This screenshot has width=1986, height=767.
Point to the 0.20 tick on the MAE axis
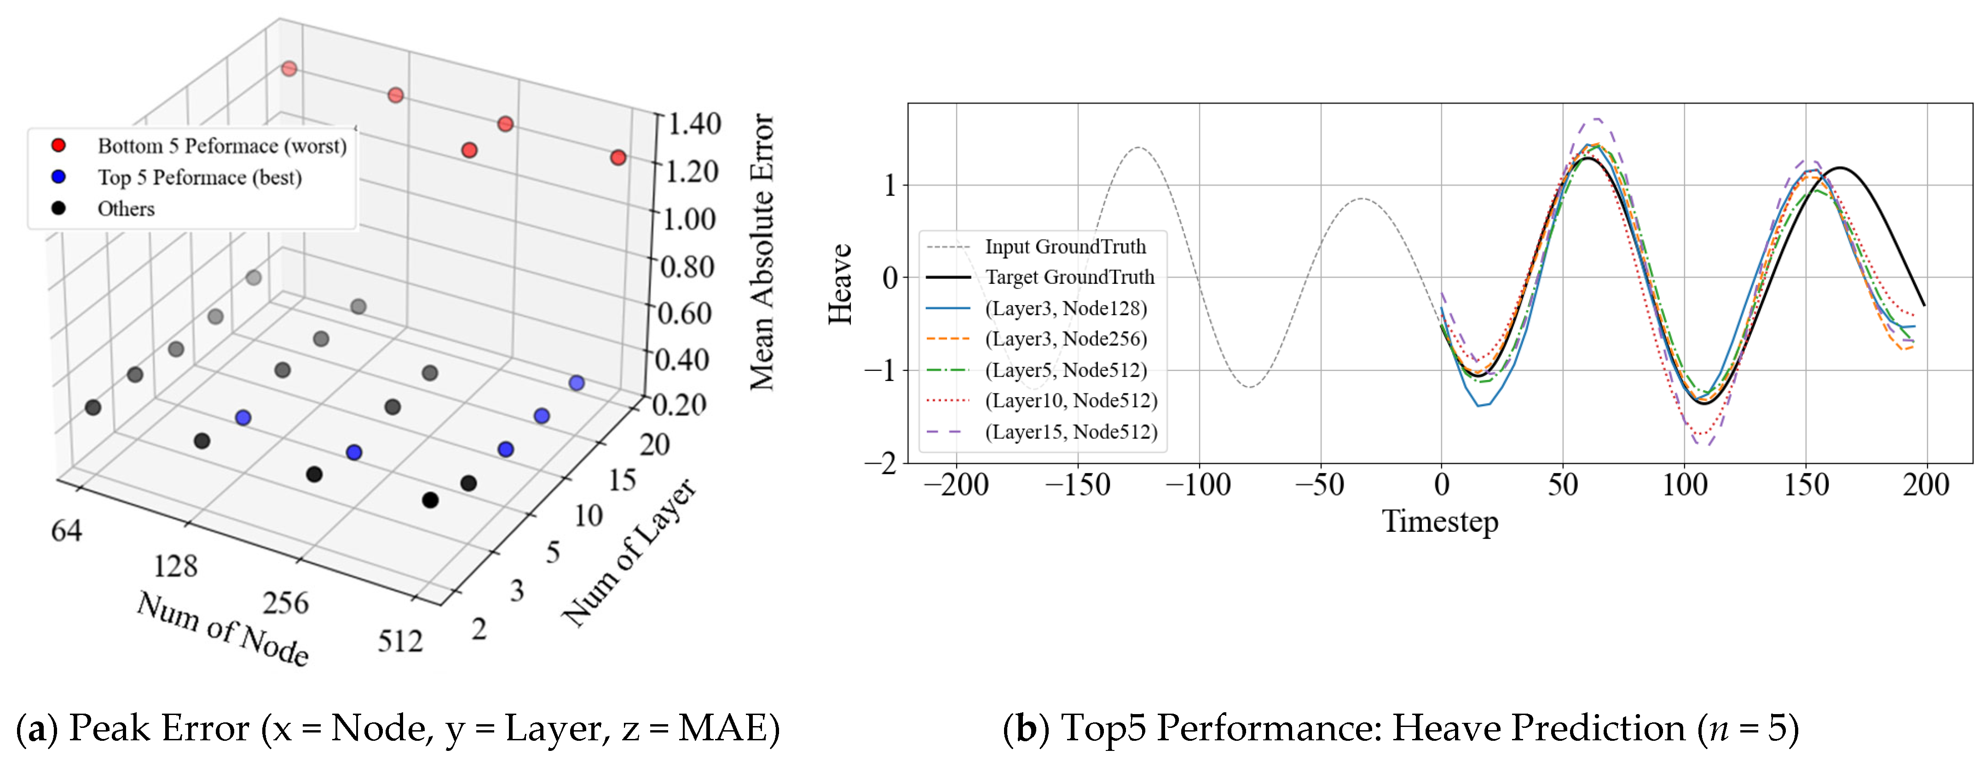pos(679,405)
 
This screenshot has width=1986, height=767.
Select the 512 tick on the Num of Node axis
pos(400,640)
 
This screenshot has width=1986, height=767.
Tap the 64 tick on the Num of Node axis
pos(66,531)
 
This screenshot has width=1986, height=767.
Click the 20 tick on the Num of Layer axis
pos(654,445)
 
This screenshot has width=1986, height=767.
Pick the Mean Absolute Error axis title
pos(762,252)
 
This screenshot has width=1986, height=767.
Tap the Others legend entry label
pos(126,209)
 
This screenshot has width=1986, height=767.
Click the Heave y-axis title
pos(840,284)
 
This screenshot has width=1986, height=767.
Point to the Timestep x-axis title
pos(1439,522)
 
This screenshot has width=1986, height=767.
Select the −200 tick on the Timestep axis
pos(956,485)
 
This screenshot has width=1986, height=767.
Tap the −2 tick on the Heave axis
pos(880,463)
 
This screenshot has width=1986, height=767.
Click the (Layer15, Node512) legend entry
pos(1071,432)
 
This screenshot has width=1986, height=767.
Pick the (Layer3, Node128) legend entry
pos(1065,308)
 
